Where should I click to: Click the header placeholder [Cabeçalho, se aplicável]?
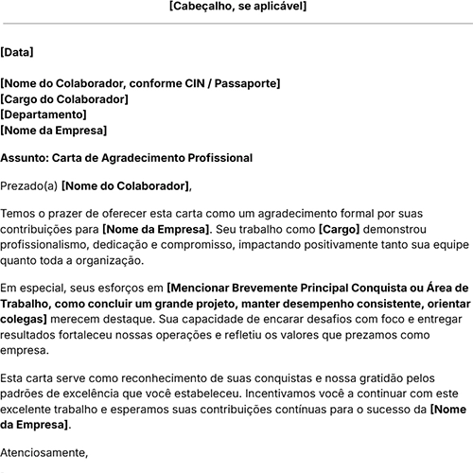[236, 7]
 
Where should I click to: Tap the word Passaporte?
[247, 84]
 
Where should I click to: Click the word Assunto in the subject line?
[24, 158]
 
